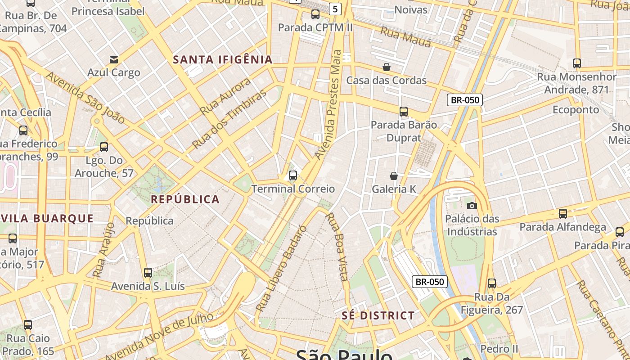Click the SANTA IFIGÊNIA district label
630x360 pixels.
pyautogui.click(x=223, y=59)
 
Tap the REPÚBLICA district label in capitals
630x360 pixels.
pyautogui.click(x=185, y=199)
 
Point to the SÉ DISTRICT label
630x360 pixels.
pyautogui.click(x=378, y=315)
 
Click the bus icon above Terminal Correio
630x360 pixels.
pyautogui.click(x=293, y=175)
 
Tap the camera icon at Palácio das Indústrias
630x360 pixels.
pyautogui.click(x=472, y=206)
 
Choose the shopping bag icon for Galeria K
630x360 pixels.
pyautogui.click(x=394, y=176)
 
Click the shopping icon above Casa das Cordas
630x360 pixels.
pyautogui.click(x=387, y=67)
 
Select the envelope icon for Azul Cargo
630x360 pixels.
pyautogui.click(x=114, y=59)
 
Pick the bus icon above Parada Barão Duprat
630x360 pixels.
pyautogui.click(x=404, y=111)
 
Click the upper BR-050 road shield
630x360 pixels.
pyautogui.click(x=464, y=100)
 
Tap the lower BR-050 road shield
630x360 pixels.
pyautogui.click(x=430, y=282)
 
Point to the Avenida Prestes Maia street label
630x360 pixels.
pyautogui.click(x=328, y=104)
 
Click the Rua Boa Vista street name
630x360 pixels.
pyautogui.click(x=337, y=247)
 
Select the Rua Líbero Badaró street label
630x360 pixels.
pyautogui.click(x=281, y=268)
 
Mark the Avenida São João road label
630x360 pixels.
pyautogui.click(x=85, y=98)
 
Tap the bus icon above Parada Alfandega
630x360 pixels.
pyautogui.click(x=562, y=214)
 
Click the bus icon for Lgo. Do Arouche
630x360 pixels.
pyautogui.click(x=104, y=147)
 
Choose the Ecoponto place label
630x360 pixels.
pyautogui.click(x=576, y=110)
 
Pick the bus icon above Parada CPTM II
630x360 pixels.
pyautogui.click(x=315, y=14)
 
